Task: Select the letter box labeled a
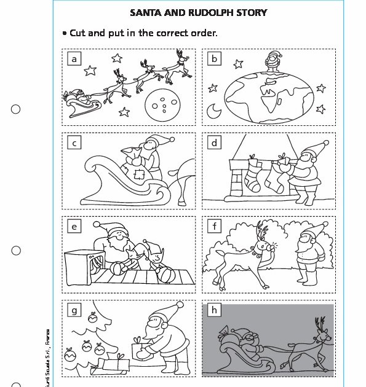tap(74, 59)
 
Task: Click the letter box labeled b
tap(214, 59)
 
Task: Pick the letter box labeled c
tap(74, 143)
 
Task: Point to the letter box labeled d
tap(214, 143)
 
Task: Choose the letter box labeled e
tap(74, 227)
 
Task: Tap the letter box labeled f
tap(214, 227)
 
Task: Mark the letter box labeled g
tap(74, 310)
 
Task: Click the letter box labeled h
tap(214, 310)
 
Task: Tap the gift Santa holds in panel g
tap(141, 351)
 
